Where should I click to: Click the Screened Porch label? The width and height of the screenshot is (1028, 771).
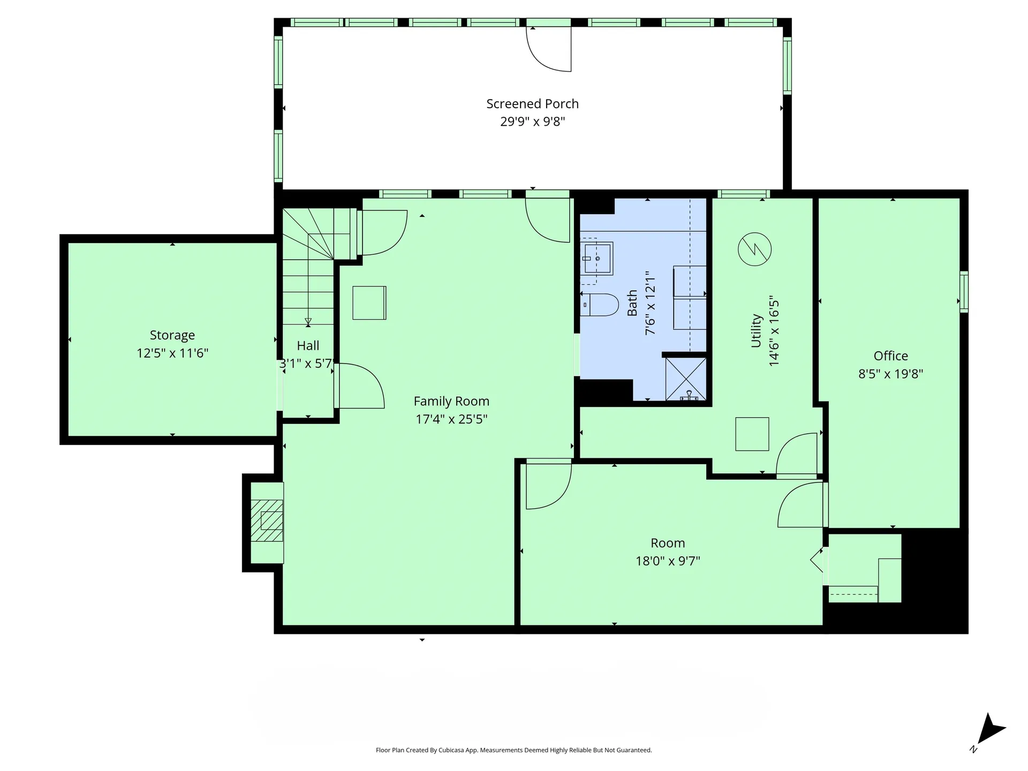click(x=532, y=104)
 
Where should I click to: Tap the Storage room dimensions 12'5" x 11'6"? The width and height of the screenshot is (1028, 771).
click(x=172, y=353)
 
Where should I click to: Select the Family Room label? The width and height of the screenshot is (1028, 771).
click(x=451, y=402)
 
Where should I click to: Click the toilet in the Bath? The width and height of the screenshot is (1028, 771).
click(x=600, y=305)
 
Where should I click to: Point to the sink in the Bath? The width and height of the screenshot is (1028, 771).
click(x=598, y=259)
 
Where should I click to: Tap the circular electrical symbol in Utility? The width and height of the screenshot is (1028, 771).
click(x=754, y=249)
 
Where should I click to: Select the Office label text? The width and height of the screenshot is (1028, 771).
click(x=890, y=356)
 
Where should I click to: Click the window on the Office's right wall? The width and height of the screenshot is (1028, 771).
click(x=964, y=292)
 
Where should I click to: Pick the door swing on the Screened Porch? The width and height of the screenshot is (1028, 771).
click(x=549, y=49)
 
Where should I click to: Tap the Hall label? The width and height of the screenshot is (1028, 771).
click(x=308, y=346)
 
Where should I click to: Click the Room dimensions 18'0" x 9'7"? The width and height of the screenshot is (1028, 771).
click(x=668, y=561)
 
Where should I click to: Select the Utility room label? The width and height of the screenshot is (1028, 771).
click(x=756, y=331)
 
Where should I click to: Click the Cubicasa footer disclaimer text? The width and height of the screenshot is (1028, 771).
click(x=514, y=750)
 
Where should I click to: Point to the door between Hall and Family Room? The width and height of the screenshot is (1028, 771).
click(x=359, y=386)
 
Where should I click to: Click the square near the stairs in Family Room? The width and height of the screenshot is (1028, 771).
click(x=369, y=303)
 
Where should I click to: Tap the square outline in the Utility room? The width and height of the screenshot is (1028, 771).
click(x=752, y=434)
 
